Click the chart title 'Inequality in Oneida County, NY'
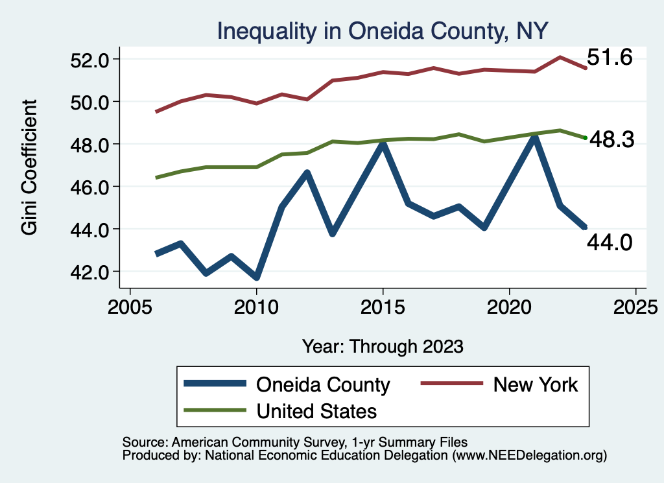(x=383, y=30)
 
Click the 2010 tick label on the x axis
(x=257, y=305)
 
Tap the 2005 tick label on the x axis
(x=130, y=305)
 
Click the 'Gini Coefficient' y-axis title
(x=29, y=167)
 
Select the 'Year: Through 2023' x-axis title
(x=383, y=346)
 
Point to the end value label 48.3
(x=610, y=139)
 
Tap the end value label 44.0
(x=610, y=242)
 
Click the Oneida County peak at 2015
(x=383, y=144)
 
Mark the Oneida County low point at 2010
(x=257, y=277)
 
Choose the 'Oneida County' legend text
(x=323, y=384)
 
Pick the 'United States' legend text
(x=316, y=410)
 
